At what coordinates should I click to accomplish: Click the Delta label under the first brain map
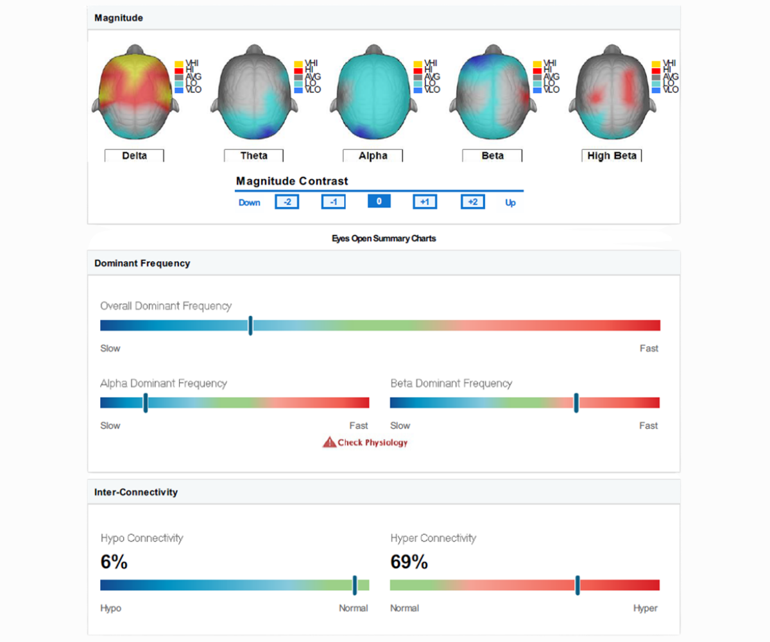tap(134, 155)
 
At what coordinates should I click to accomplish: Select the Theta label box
tap(253, 155)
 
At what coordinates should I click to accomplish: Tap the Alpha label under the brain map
tap(373, 155)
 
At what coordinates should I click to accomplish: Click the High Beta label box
tap(612, 155)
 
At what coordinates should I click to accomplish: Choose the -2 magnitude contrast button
tap(287, 202)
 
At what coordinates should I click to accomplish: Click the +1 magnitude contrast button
tap(425, 202)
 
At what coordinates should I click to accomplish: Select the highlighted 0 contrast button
tap(379, 202)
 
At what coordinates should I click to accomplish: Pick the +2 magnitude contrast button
tap(472, 202)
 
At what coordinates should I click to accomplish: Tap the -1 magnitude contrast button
tap(333, 202)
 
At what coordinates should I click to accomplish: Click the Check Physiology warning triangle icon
tap(329, 442)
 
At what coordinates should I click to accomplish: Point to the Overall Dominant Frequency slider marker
tap(250, 325)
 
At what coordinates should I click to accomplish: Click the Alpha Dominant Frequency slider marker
tap(146, 403)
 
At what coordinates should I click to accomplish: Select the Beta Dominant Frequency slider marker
tap(576, 403)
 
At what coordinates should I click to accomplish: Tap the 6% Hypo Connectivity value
tap(114, 562)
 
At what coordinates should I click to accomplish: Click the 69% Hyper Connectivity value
tap(409, 562)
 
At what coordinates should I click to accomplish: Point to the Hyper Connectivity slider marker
tap(577, 585)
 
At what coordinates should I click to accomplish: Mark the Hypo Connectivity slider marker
tap(354, 585)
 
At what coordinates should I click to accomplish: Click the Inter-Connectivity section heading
tap(136, 492)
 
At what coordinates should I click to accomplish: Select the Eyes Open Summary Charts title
tap(384, 238)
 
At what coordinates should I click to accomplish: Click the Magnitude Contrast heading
tap(292, 181)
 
